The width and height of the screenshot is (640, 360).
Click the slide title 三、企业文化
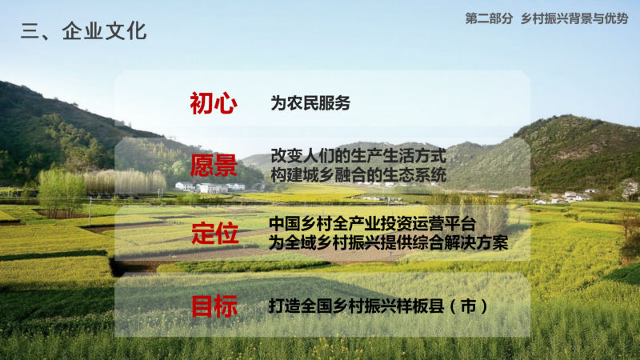84,31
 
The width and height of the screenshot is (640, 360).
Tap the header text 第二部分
489,18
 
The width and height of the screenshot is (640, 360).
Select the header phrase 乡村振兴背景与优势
574,18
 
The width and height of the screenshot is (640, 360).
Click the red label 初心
214,103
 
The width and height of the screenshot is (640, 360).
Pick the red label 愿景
214,166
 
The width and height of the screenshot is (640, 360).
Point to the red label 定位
214,233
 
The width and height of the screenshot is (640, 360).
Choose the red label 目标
214,306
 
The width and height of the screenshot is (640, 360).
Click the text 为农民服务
310,103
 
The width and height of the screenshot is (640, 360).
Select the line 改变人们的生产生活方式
358,156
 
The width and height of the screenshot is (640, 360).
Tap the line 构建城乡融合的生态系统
358,175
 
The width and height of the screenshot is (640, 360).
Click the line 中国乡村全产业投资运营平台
372,224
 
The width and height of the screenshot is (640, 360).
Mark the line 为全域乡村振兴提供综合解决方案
389,242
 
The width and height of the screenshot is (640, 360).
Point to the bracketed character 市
468,306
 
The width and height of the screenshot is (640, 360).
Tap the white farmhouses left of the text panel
210,187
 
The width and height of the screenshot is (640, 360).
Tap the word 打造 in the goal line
285,306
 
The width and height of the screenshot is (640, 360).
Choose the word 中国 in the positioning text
285,224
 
